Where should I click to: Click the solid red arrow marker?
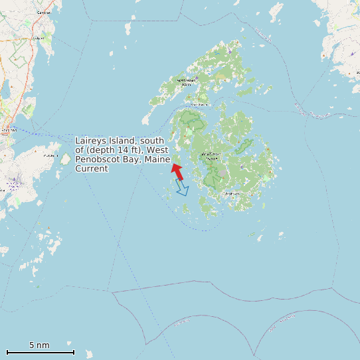[x=177, y=171]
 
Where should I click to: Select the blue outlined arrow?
[x=181, y=188]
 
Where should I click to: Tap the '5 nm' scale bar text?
[x=39, y=345]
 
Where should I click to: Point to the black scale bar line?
[x=40, y=351]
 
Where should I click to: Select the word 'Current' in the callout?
[x=92, y=169]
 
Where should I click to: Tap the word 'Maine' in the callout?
[x=149, y=159]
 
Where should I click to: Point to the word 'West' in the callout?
[x=157, y=150]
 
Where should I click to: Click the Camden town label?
[x=45, y=13]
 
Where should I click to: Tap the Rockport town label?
[x=38, y=39]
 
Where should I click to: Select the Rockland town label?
[x=8, y=130]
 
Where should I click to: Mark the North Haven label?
[x=186, y=82]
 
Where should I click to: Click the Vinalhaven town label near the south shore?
[x=231, y=193]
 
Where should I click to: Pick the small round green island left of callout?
[x=66, y=159]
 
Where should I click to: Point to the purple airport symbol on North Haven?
[x=230, y=52]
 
